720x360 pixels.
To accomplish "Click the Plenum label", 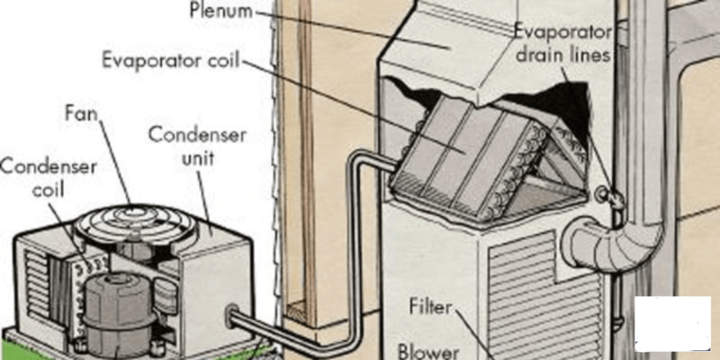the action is [x=220, y=11].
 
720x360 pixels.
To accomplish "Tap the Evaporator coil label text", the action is [x=171, y=60].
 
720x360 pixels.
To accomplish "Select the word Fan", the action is [x=81, y=112].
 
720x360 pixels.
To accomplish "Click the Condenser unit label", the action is [x=197, y=147].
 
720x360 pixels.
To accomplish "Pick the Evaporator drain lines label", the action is [x=563, y=44].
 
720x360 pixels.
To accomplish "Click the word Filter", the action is [x=431, y=307].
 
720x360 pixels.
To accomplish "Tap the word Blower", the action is [x=428, y=352].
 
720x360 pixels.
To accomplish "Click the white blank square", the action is [x=672, y=324].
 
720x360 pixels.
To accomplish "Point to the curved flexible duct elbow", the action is [x=611, y=243].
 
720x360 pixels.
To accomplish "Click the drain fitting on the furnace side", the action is [x=611, y=196].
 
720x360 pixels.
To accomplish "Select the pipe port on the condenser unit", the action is [x=230, y=312].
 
